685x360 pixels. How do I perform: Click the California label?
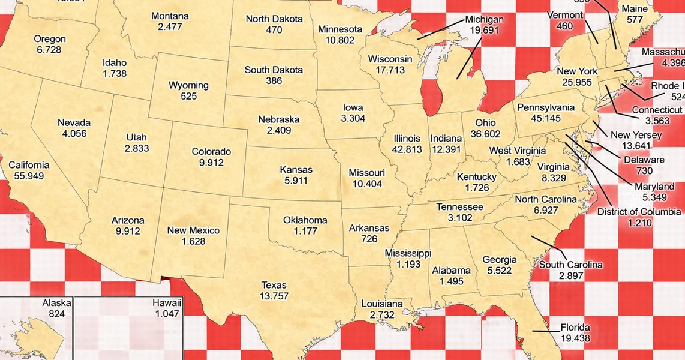(x=29, y=165)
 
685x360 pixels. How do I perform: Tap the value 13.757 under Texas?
(x=274, y=296)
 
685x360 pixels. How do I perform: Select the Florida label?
(x=575, y=328)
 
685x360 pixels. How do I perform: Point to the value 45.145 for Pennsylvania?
(x=546, y=119)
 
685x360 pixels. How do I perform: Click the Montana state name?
(x=170, y=16)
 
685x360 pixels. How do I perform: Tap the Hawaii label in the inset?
(x=167, y=304)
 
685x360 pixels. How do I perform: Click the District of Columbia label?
(x=639, y=212)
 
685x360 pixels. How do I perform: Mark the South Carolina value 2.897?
(x=571, y=276)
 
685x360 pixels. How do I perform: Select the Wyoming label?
(x=188, y=85)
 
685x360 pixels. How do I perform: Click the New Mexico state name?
(x=193, y=230)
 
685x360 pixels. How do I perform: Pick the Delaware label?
(x=644, y=160)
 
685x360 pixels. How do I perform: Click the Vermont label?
(x=565, y=15)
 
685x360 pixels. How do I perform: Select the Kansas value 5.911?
(x=296, y=180)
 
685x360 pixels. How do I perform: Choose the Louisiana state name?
(x=382, y=304)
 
